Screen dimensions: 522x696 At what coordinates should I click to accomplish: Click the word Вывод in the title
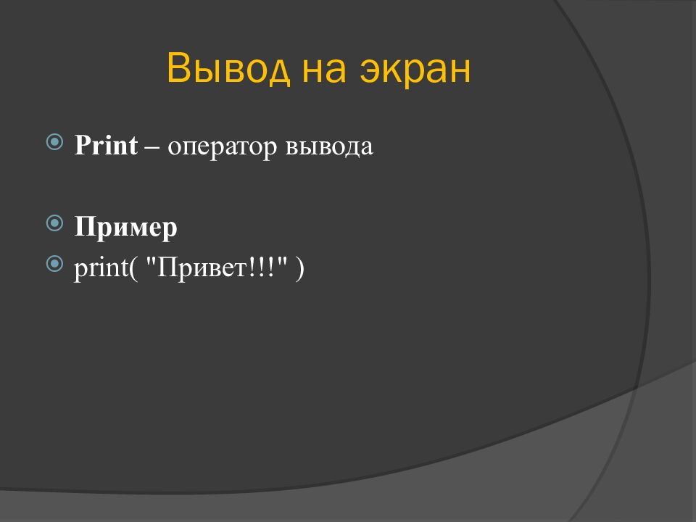coord(220,70)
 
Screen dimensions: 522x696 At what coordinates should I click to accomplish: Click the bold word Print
coord(106,146)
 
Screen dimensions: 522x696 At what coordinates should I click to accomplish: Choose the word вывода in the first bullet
coord(329,147)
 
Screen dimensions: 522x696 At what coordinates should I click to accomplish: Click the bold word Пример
coord(125,228)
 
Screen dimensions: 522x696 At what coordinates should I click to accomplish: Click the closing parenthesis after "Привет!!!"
coord(299,268)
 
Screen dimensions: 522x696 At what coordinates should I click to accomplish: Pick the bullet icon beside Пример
coord(55,223)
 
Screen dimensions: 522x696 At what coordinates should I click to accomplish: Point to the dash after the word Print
coord(152,147)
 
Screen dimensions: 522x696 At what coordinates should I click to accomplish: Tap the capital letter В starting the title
coord(178,70)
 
